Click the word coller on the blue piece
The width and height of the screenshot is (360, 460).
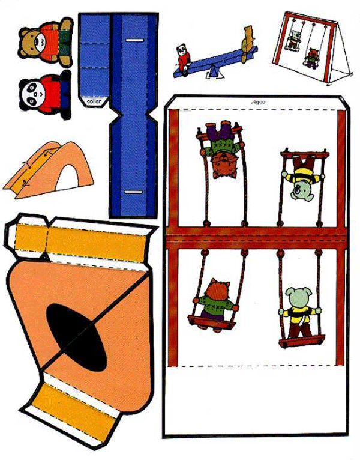[94, 101]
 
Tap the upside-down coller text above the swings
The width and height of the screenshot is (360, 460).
[258, 102]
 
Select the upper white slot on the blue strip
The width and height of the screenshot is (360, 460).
[134, 40]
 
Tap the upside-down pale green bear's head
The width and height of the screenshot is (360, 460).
[301, 192]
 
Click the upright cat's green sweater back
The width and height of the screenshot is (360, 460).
[217, 303]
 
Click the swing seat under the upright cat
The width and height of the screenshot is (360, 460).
[212, 322]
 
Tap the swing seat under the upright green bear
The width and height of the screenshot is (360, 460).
[302, 342]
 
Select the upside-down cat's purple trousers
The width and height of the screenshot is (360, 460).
[220, 130]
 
